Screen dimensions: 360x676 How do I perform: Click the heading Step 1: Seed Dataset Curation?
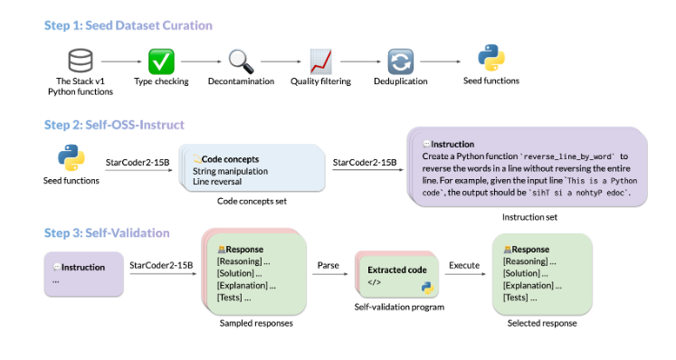coord(128,25)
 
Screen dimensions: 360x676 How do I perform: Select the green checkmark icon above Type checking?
coord(161,61)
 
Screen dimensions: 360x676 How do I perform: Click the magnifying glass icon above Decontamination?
coord(241,61)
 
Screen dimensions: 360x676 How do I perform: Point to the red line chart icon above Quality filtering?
coord(319,61)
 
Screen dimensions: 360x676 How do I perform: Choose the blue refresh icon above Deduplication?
coord(400,61)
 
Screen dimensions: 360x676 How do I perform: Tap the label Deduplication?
coord(400,81)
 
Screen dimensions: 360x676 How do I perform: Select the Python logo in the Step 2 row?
coord(72,159)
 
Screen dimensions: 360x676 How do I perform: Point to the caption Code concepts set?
coord(251,200)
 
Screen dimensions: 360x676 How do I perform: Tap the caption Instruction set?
coord(529,217)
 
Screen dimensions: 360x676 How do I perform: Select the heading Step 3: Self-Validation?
coord(107,232)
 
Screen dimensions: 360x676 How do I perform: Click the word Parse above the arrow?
coord(327,265)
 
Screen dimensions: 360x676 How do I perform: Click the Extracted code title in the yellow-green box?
coord(396,270)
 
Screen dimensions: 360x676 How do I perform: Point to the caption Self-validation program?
coord(399,308)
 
